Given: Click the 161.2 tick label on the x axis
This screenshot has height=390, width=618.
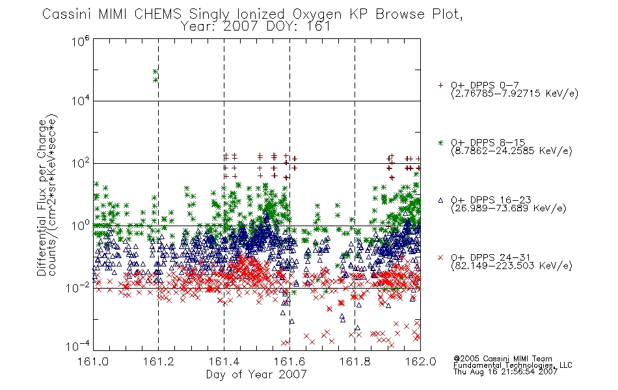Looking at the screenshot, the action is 159,361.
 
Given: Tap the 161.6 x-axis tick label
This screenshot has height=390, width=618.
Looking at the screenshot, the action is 289,361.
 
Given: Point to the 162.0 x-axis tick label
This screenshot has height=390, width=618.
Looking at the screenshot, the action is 420,361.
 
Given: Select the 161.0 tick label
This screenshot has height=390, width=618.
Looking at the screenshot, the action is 93,361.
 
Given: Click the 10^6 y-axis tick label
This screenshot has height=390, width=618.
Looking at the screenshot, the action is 81,41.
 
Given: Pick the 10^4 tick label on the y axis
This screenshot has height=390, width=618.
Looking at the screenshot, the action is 81,101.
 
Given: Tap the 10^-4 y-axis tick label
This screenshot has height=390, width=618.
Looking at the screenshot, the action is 78,346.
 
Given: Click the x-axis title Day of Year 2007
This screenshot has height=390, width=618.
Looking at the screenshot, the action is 256,374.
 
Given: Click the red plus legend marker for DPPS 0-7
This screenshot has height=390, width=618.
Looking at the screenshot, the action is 440,85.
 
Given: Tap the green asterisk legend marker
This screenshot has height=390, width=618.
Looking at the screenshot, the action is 440,142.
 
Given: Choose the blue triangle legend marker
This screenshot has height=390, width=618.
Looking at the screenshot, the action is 440,200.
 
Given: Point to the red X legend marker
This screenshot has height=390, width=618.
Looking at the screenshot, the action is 440,257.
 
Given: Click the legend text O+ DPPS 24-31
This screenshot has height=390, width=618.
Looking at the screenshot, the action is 490,257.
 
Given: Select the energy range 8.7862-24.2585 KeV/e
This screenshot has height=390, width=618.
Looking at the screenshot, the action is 511,151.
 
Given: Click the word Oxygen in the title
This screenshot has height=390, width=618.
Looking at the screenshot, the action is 317,14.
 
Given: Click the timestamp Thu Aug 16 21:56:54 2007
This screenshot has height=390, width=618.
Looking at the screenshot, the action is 505,372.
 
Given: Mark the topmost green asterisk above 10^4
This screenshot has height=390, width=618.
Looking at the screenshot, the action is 155,71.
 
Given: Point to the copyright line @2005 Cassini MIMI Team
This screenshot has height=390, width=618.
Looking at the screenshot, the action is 502,359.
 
